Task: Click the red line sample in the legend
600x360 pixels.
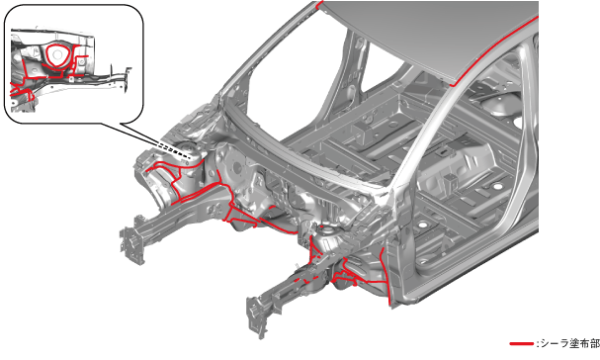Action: pyautogui.click(x=521, y=344)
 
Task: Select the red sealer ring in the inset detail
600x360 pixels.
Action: pyautogui.click(x=57, y=56)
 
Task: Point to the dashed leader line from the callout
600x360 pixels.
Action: pyautogui.click(x=175, y=150)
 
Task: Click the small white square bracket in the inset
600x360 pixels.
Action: pyautogui.click(x=71, y=79)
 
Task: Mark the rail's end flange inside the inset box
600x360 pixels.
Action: pyautogui.click(x=128, y=79)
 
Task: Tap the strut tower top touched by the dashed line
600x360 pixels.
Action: pyautogui.click(x=190, y=154)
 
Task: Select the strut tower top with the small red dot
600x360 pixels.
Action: pyautogui.click(x=328, y=232)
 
